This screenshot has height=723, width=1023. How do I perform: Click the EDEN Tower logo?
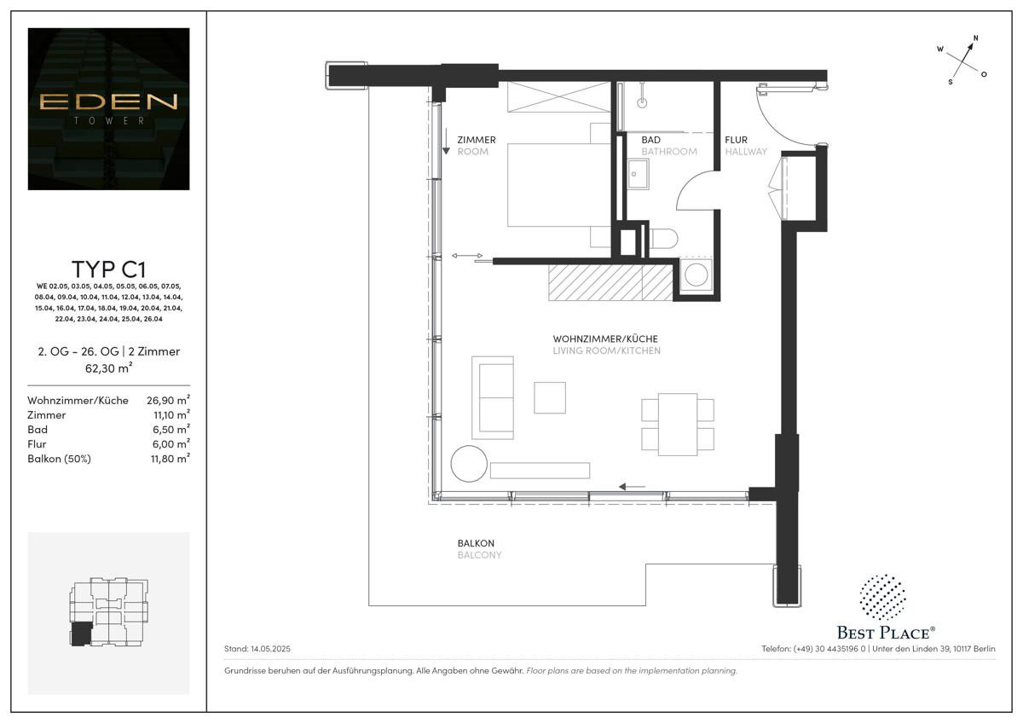coord(108,108)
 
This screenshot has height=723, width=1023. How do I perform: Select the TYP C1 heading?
coord(108,270)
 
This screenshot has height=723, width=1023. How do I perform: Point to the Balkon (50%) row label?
coord(59,459)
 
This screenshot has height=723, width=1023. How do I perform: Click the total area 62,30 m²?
coord(108,368)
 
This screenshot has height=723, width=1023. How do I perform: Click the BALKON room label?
coord(476,543)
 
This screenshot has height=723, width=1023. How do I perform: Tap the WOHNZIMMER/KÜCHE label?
coord(605,338)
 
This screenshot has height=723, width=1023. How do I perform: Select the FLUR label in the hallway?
coord(737,140)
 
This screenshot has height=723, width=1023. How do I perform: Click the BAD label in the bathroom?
coord(651,140)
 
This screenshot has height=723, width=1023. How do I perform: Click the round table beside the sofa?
coord(469,465)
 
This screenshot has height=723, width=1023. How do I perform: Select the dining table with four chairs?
coord(678,424)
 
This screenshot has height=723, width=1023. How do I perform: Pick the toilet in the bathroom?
coord(663,239)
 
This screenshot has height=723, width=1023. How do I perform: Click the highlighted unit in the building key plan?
coord(82,633)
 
